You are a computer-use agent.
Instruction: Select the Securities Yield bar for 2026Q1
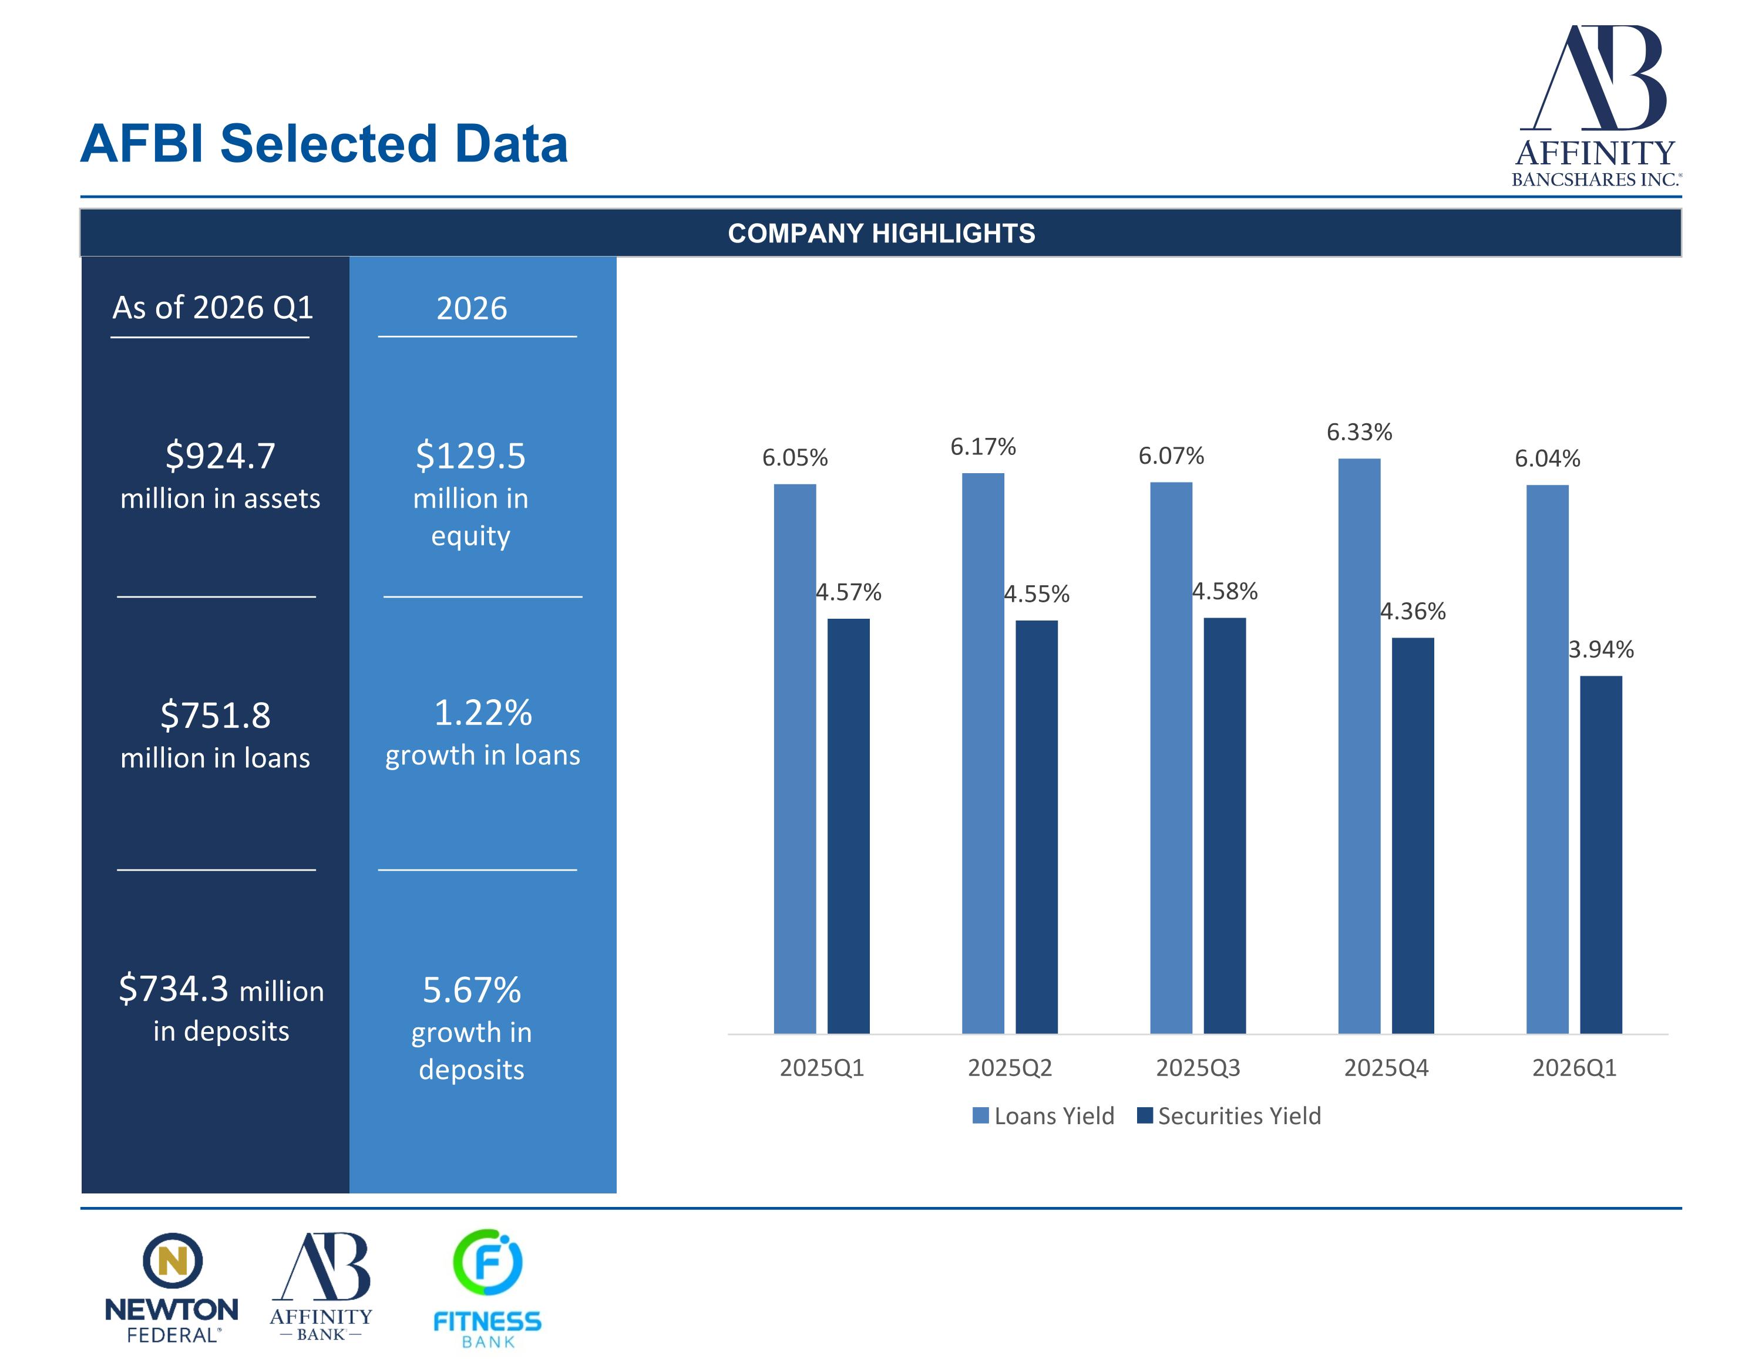point(1600,854)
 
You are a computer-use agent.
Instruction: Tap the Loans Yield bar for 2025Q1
point(795,758)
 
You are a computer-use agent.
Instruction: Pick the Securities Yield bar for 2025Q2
point(1036,826)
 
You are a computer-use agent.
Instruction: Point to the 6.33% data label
point(1360,432)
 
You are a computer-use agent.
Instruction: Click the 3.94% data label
point(1600,649)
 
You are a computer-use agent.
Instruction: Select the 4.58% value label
point(1225,591)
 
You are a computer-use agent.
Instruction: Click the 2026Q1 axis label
point(1574,1068)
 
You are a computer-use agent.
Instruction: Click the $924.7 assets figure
point(220,456)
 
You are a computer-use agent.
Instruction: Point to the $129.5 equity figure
point(470,456)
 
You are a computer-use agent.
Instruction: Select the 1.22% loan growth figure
point(482,713)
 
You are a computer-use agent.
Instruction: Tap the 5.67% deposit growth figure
point(472,990)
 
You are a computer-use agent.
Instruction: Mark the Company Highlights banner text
point(881,233)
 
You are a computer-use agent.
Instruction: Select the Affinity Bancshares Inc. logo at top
point(1596,106)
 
